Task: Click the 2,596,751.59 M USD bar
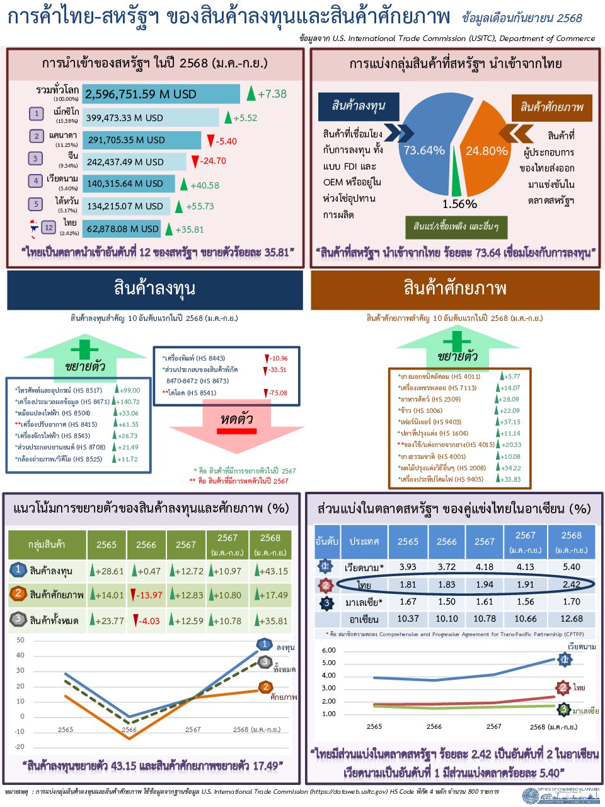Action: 161,95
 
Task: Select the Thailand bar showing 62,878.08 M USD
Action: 122,229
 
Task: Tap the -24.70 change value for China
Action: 213,161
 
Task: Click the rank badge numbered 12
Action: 49,228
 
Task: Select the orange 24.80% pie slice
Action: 486,151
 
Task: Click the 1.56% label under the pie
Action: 459,204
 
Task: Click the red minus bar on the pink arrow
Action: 236,431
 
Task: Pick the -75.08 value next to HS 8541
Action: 278,393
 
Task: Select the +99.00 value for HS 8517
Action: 130,390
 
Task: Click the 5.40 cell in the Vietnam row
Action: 571,567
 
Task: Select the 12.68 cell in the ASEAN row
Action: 571,618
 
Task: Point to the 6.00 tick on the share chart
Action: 329,650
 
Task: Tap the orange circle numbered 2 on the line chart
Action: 266,687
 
